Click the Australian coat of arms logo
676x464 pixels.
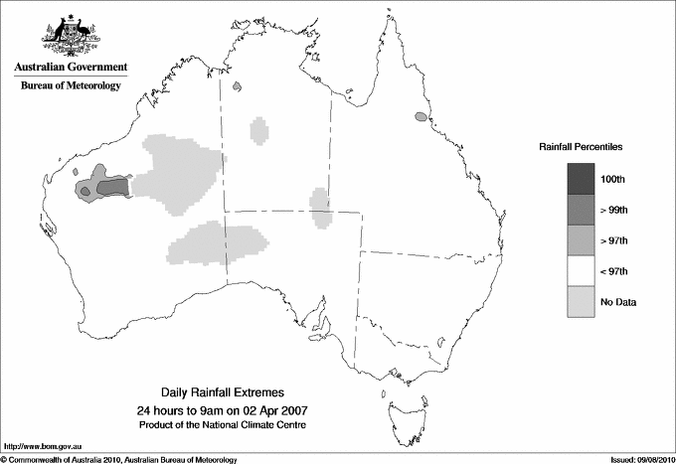(x=71, y=36)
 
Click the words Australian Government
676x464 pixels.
(x=71, y=68)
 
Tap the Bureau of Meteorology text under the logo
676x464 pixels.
(x=71, y=86)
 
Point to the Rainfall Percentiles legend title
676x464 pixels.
(x=581, y=147)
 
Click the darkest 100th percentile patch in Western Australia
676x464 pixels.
(x=113, y=186)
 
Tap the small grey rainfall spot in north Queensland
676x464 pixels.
(x=421, y=118)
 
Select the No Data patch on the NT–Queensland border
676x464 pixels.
(x=320, y=207)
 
